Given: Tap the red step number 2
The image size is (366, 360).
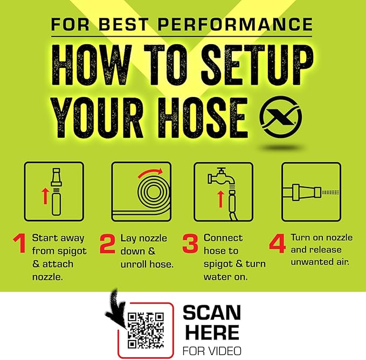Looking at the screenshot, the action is (x=107, y=244).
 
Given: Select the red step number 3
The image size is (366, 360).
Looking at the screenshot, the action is (x=190, y=244).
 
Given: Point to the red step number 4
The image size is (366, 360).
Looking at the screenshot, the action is (x=277, y=244).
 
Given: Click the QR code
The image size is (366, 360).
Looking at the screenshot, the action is (x=146, y=330).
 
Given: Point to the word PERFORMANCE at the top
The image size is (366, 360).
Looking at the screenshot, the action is (x=235, y=24).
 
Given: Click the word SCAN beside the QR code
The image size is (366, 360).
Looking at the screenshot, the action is (x=212, y=313).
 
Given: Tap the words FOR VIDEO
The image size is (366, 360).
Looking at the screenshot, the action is (x=212, y=351).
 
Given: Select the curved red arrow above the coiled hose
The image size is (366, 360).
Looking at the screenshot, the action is (x=150, y=173).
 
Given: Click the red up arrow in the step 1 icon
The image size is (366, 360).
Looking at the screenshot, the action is (x=45, y=196).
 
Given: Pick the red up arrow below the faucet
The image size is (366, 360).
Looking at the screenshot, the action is (x=220, y=199).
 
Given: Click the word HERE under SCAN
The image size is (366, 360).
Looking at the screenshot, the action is (x=212, y=332).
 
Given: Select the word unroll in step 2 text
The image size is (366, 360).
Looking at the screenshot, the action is (x=134, y=265).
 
